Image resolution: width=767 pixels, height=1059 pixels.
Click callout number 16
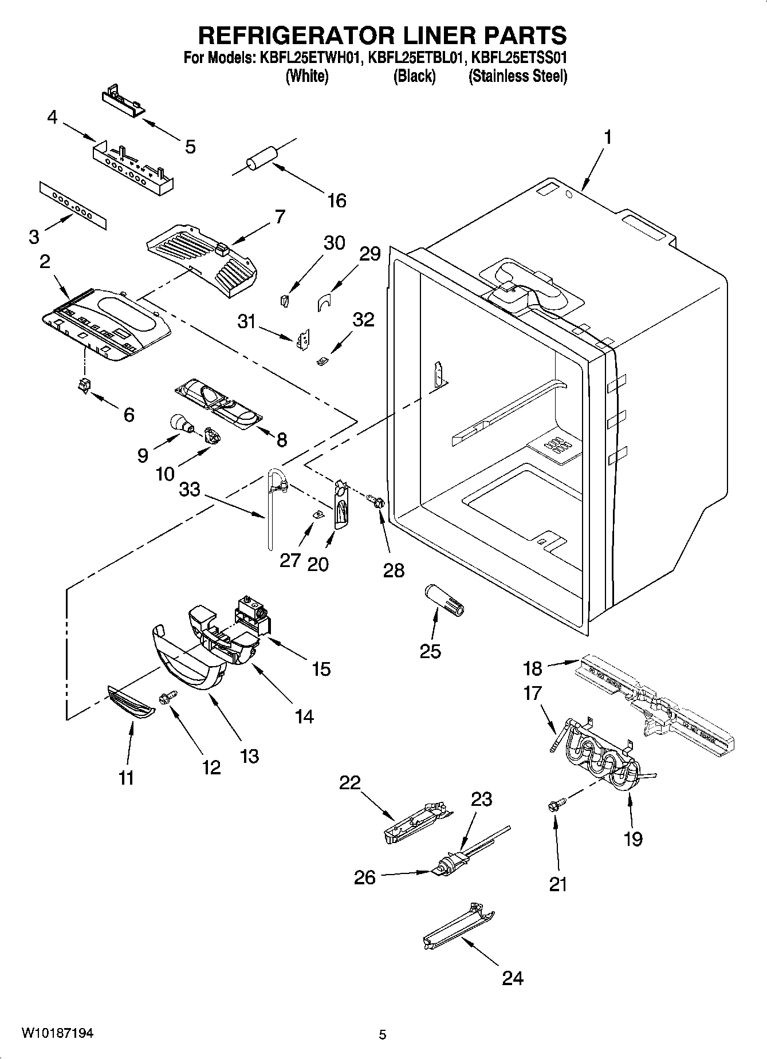pos(337,200)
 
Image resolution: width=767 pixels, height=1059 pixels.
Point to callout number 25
pos(430,651)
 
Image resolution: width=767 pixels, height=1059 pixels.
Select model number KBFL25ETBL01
pos(414,58)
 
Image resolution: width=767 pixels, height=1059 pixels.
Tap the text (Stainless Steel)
pos(517,76)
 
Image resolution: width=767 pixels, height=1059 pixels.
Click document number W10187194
pos(58,1033)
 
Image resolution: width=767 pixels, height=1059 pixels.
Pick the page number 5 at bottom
pos(383,1034)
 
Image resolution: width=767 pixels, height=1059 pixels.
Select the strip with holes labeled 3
pos(73,205)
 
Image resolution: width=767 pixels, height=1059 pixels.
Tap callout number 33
pos(190,490)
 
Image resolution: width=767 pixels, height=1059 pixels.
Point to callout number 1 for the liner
pos(608,137)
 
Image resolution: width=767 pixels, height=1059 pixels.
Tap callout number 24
pos(512,978)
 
